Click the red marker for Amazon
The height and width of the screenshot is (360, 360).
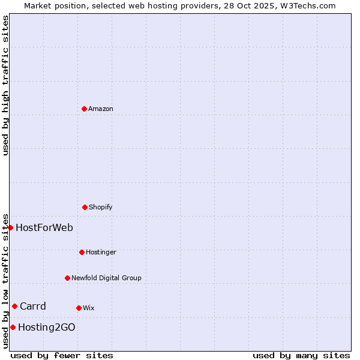(84, 109)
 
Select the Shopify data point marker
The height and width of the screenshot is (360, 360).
(85, 207)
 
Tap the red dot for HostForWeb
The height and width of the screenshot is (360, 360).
(10, 227)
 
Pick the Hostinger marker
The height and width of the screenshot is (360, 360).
(82, 252)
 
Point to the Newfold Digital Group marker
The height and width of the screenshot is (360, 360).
(67, 278)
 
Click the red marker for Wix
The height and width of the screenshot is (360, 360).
(79, 308)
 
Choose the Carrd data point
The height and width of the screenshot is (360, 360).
(14, 306)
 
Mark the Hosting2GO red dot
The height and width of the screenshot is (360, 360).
(13, 327)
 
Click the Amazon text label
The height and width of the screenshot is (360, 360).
(101, 109)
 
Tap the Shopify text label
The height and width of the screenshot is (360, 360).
(101, 207)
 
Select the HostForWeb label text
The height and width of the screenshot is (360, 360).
(44, 227)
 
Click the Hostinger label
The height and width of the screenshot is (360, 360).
(101, 252)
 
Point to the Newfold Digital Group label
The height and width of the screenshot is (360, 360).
(106, 278)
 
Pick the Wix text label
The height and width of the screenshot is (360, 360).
(89, 308)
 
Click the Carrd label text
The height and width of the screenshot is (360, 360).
(33, 306)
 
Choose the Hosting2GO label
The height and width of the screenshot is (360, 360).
(47, 327)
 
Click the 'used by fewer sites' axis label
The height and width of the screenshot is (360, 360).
(62, 355)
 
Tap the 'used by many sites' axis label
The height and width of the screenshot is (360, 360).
(301, 355)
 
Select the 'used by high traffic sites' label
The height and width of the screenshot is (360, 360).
(5, 85)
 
